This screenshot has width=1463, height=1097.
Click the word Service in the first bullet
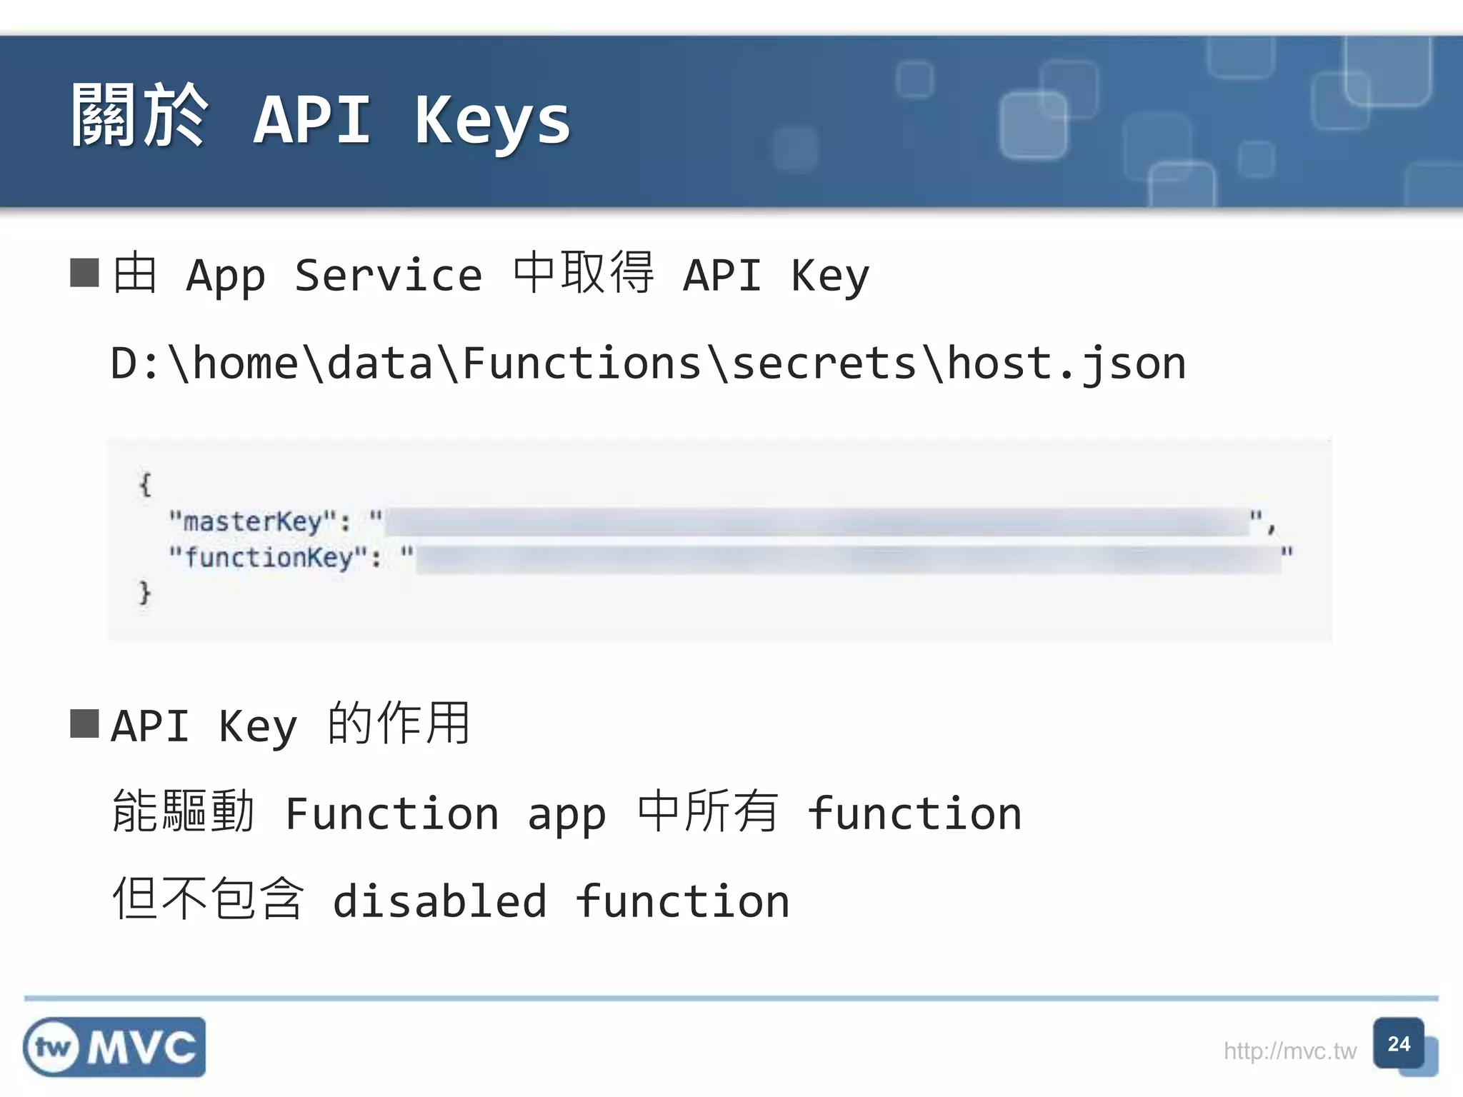coord(388,276)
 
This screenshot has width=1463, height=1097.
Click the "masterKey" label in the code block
coord(253,521)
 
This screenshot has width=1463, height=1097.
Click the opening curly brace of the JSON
coord(145,485)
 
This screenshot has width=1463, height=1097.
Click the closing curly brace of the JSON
coord(145,593)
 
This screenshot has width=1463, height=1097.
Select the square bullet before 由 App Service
coord(84,273)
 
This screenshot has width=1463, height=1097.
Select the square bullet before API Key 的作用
coord(84,723)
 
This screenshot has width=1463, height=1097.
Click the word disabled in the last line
coord(439,901)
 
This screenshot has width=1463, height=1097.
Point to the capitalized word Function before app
coord(391,813)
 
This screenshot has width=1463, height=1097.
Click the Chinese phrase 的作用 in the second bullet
coord(399,723)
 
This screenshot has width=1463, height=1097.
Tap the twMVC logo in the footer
coord(114,1047)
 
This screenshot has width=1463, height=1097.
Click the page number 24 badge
coord(1399,1044)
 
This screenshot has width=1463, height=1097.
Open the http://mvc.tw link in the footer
coord(1289,1051)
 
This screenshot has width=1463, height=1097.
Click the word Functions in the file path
coord(581,364)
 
